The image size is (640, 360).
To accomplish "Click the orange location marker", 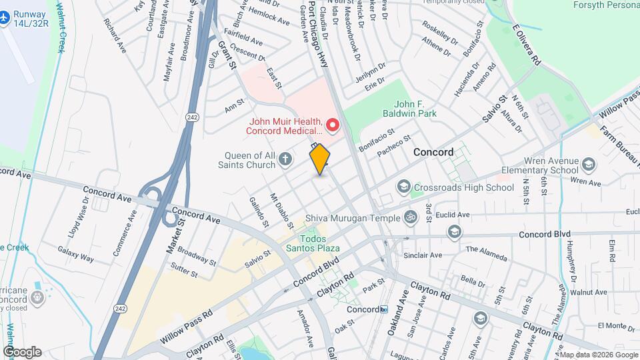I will tap(320, 159).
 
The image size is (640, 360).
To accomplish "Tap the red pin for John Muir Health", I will tap(332, 125).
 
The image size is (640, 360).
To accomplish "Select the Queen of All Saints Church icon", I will tap(285, 159).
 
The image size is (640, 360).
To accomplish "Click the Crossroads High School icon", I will tap(403, 187).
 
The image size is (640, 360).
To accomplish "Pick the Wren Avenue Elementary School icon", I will tap(589, 164).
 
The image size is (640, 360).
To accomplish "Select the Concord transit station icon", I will tap(384, 309).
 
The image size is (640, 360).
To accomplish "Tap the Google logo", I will tap(21, 351).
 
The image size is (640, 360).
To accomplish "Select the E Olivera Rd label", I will tap(527, 45).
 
